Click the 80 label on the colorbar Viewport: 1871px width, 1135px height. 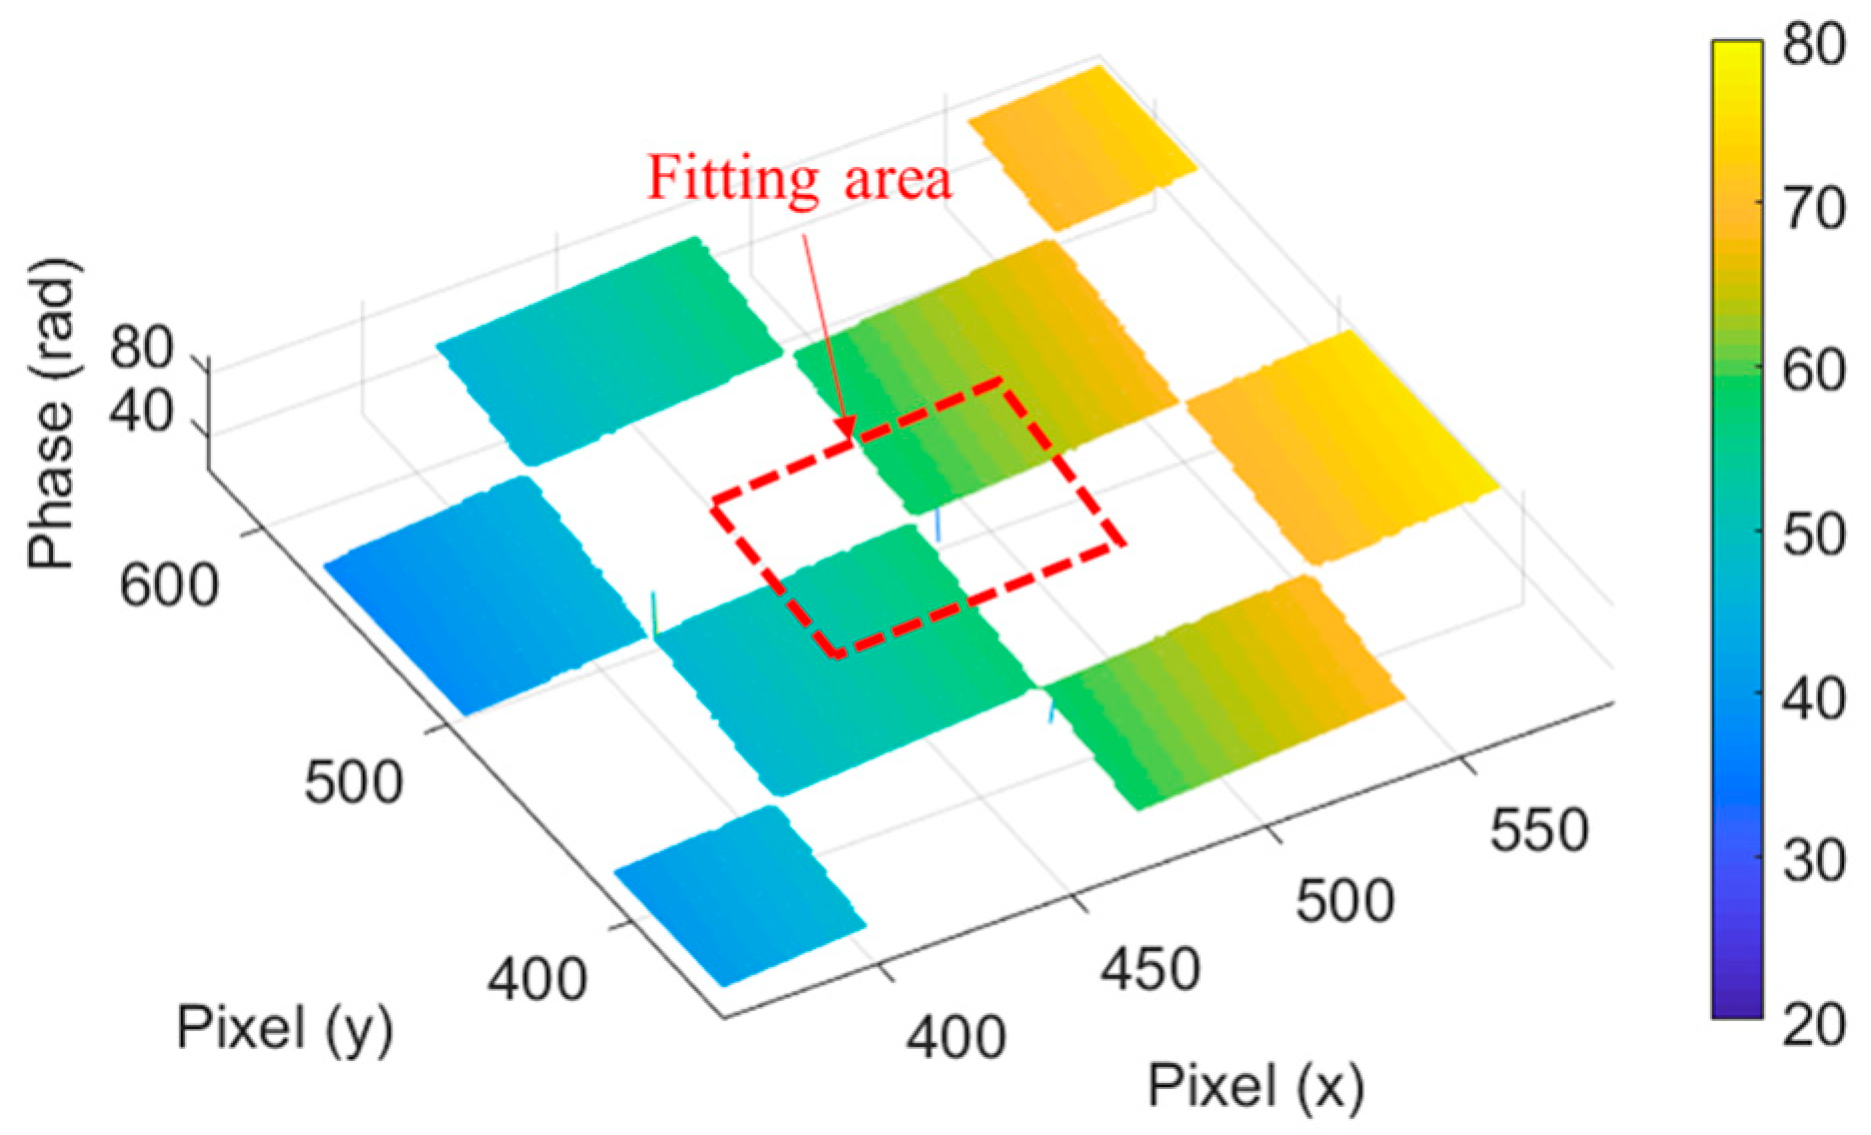coord(1812,45)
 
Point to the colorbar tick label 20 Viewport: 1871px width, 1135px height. coord(1812,1023)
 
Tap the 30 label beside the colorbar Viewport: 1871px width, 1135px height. coord(1812,860)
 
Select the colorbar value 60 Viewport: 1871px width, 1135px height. coord(1812,372)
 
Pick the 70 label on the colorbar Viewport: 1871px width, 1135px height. coord(1812,209)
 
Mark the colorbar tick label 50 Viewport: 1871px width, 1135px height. coord(1812,535)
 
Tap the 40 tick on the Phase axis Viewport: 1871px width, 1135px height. coord(141,410)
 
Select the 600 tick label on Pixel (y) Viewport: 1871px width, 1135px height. coord(169,585)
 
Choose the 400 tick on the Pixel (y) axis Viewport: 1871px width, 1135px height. coord(537,979)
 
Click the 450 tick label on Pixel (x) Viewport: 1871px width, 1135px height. coord(1150,969)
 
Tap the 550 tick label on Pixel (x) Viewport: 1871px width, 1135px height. coord(1538,830)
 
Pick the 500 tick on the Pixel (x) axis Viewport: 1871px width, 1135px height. coord(1345,901)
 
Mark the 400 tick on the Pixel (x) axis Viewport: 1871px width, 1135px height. coord(955,1038)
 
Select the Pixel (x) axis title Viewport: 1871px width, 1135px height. coord(1256,1086)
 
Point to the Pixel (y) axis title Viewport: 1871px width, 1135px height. coord(285,1028)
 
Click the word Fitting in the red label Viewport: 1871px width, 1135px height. coord(733,180)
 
